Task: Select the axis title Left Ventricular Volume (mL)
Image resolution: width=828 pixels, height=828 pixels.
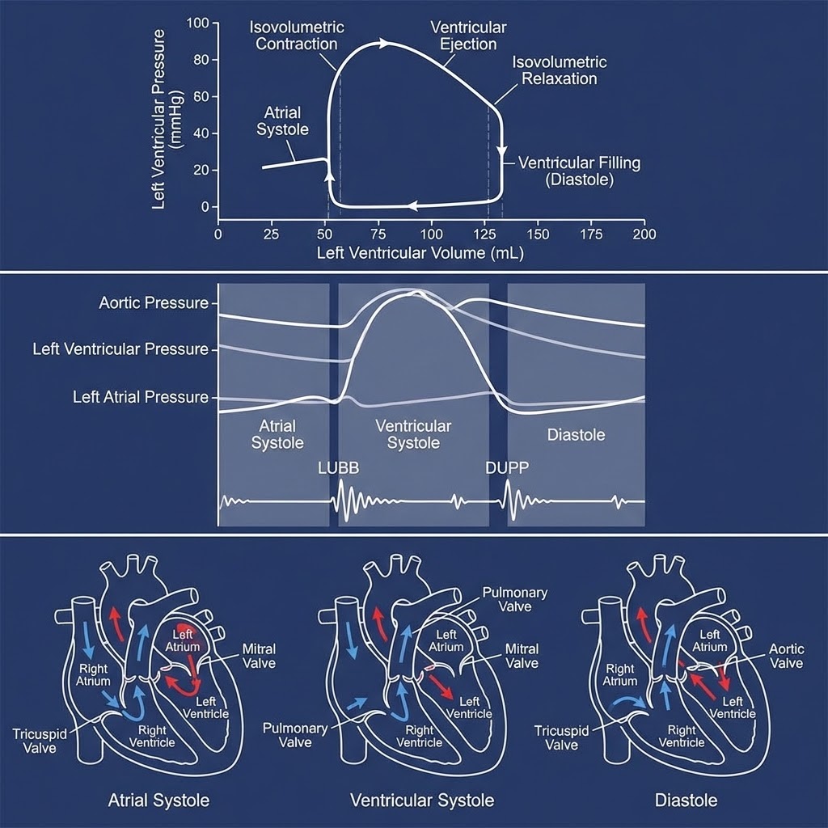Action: pos(420,253)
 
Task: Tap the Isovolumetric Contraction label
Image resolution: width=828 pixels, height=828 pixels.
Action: pos(296,36)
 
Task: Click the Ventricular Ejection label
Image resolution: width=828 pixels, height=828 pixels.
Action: pos(468,36)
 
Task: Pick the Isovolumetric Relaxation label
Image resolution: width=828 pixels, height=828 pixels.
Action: pos(560,70)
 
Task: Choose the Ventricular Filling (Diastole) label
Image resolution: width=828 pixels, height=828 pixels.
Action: pos(579,171)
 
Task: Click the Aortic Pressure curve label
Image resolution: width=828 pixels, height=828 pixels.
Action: pos(153,303)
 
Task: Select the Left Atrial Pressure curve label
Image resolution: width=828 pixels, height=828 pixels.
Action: pos(140,397)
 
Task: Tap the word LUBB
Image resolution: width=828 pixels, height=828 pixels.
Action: pos(338,469)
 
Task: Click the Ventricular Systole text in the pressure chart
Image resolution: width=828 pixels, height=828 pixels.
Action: pos(413,434)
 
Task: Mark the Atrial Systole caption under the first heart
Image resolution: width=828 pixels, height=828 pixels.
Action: pos(158,801)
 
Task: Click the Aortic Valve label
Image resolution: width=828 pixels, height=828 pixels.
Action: pos(786,656)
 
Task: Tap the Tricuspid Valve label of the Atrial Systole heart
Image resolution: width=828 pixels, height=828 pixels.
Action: pos(34,741)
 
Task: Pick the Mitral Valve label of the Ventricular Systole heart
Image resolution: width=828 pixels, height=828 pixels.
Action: pos(522,656)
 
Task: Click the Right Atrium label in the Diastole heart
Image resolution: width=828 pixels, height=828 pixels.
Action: pos(620,675)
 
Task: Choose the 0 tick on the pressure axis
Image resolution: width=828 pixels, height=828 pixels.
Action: pos(204,207)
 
